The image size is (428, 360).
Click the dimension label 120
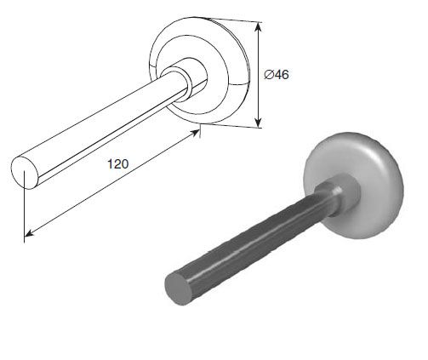pos(117,164)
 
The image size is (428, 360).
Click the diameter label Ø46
pos(277,75)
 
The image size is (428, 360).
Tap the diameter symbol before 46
pos(269,75)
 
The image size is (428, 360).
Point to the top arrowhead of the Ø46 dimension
pos(258,27)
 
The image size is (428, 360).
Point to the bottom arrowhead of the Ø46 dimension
pos(258,123)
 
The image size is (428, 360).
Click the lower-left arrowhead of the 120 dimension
pos(30,233)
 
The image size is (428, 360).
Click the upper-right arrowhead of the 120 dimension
pos(195,133)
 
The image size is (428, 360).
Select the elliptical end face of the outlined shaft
pos(25,173)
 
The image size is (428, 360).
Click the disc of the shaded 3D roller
pos(355,186)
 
